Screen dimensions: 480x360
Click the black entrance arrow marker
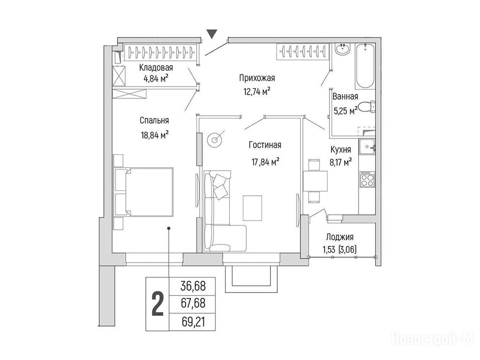[211, 34]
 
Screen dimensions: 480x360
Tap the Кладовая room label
[156, 67]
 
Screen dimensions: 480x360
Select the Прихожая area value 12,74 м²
[256, 91]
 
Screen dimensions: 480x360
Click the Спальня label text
[154, 120]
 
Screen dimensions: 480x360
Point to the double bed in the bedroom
[143, 192]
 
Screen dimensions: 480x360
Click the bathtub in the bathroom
[365, 66]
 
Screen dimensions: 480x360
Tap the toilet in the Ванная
[367, 107]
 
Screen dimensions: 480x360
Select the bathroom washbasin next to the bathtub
[342, 49]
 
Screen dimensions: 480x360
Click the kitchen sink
[367, 147]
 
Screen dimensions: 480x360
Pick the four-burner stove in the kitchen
[367, 180]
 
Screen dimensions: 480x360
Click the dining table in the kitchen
[315, 181]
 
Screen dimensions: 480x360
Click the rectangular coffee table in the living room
[252, 208]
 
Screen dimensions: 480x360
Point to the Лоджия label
[340, 237]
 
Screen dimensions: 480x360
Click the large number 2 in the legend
[157, 304]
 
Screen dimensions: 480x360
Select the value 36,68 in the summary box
[193, 286]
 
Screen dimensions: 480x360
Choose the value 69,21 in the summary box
[193, 322]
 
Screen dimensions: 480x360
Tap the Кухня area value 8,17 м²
[340, 162]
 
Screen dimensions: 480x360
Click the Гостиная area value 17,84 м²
[265, 161]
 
